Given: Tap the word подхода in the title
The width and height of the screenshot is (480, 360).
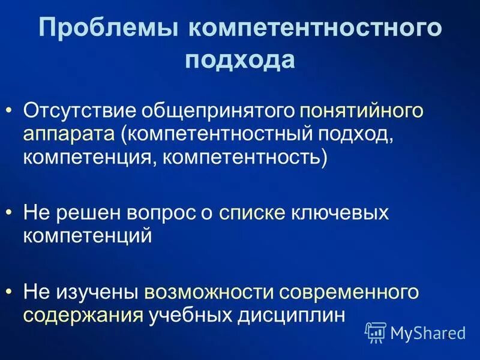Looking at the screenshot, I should [x=240, y=61].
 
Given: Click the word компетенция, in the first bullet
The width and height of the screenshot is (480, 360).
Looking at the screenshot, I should [x=89, y=159].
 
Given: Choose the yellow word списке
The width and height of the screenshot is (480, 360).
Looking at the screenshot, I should [x=251, y=213].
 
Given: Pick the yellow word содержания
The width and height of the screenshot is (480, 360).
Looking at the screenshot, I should [x=83, y=315].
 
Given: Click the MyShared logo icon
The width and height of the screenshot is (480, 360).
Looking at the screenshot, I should [x=376, y=331].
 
